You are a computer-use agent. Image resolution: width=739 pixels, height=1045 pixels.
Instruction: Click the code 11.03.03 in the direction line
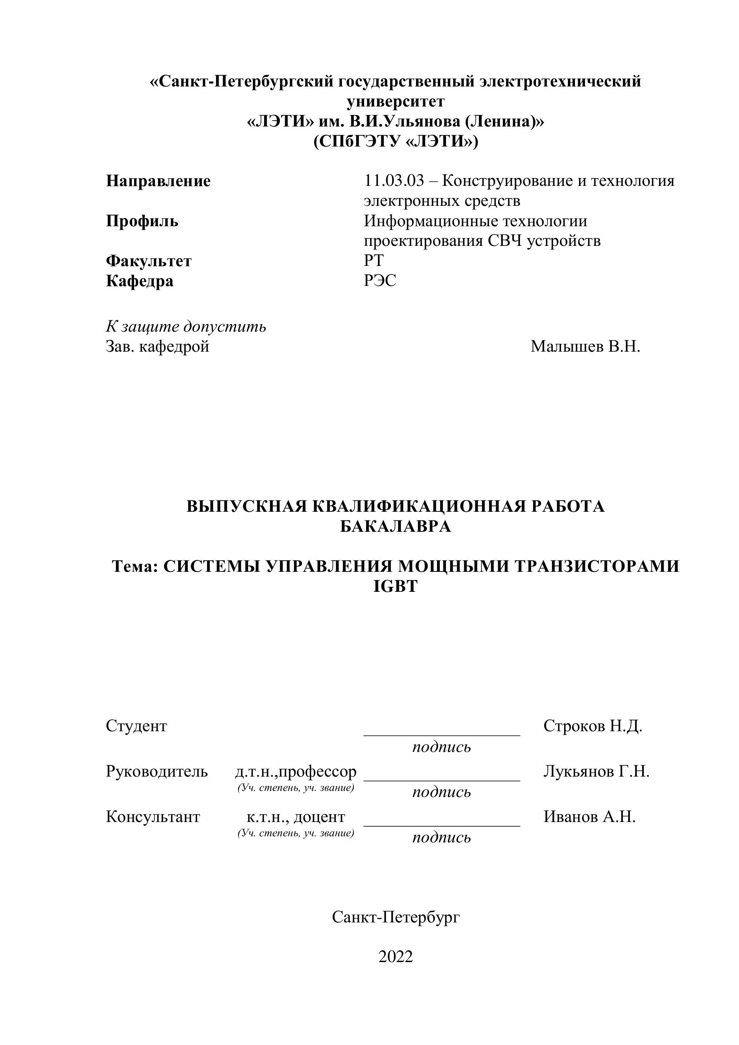[394, 181]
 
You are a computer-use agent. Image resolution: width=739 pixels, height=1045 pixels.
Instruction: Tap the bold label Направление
[158, 181]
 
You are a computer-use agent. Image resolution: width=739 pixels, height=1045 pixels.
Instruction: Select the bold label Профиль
[142, 221]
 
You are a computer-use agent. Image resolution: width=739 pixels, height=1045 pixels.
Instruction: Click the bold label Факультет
[149, 261]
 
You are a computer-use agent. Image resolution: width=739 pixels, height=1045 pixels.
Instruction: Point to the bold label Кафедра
[140, 281]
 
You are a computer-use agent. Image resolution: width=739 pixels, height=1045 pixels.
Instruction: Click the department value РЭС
[380, 281]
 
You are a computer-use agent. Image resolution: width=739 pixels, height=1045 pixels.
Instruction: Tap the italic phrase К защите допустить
[186, 327]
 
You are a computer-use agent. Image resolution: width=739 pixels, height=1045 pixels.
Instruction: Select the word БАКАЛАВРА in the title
[396, 526]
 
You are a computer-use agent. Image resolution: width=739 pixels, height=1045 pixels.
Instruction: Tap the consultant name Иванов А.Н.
[589, 817]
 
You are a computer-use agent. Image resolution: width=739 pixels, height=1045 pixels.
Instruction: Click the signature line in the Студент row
[441, 734]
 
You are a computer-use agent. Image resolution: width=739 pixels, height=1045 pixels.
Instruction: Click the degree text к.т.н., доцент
[296, 817]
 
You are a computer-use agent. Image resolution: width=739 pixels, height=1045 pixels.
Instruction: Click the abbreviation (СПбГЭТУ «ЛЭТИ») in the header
[396, 142]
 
